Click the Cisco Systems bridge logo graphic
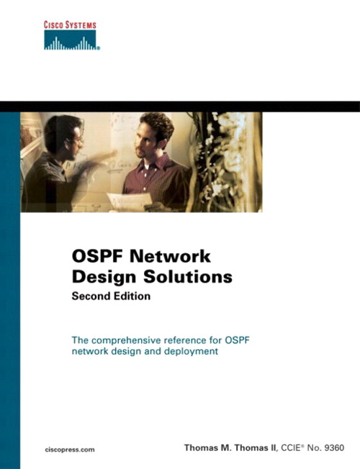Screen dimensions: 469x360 (x=70, y=42)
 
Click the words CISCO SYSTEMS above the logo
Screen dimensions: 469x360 (x=70, y=26)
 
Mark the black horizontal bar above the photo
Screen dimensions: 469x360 (x=180, y=106)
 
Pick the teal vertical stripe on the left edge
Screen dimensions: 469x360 (x=9, y=288)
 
